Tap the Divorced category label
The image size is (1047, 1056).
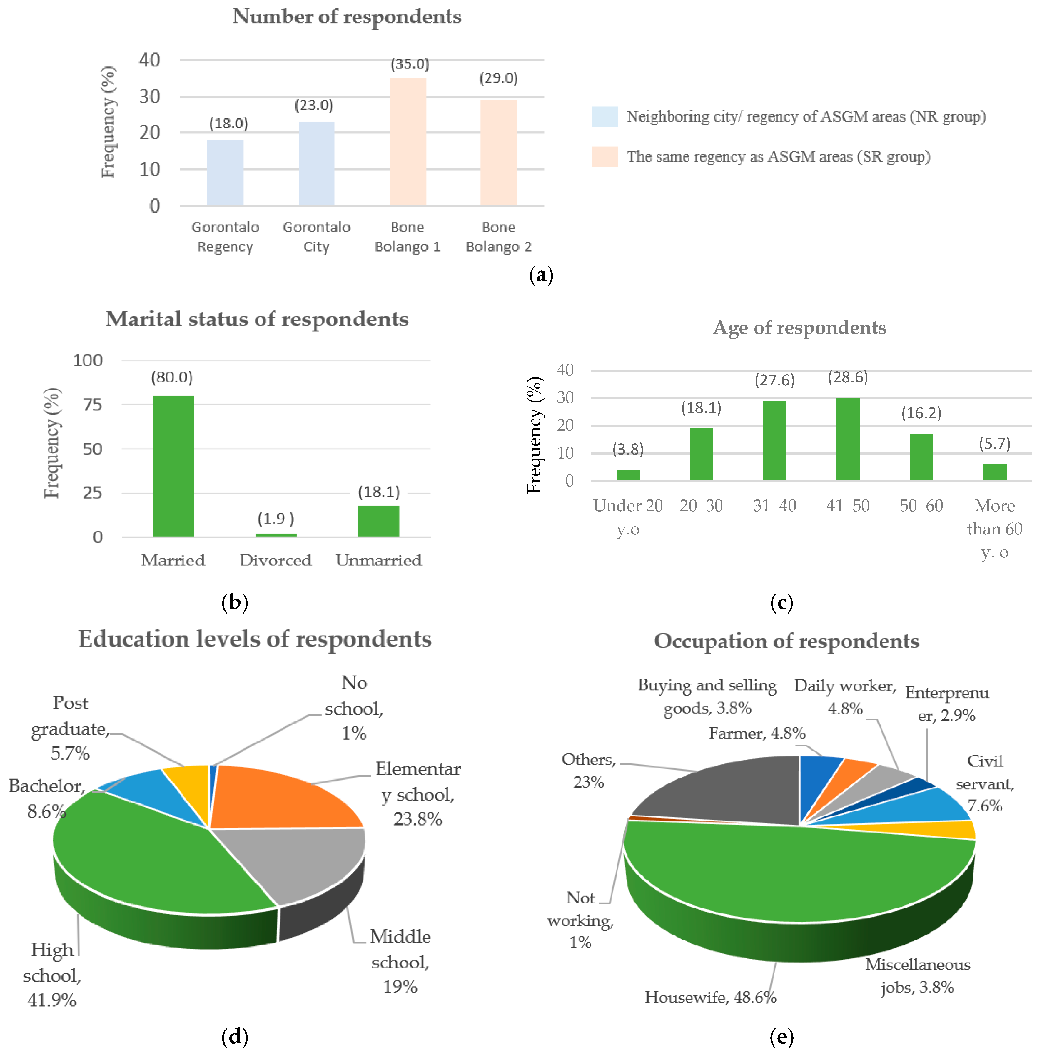pos(275,560)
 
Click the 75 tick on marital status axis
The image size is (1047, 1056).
pos(92,405)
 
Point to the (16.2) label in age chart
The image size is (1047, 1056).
pos(921,413)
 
